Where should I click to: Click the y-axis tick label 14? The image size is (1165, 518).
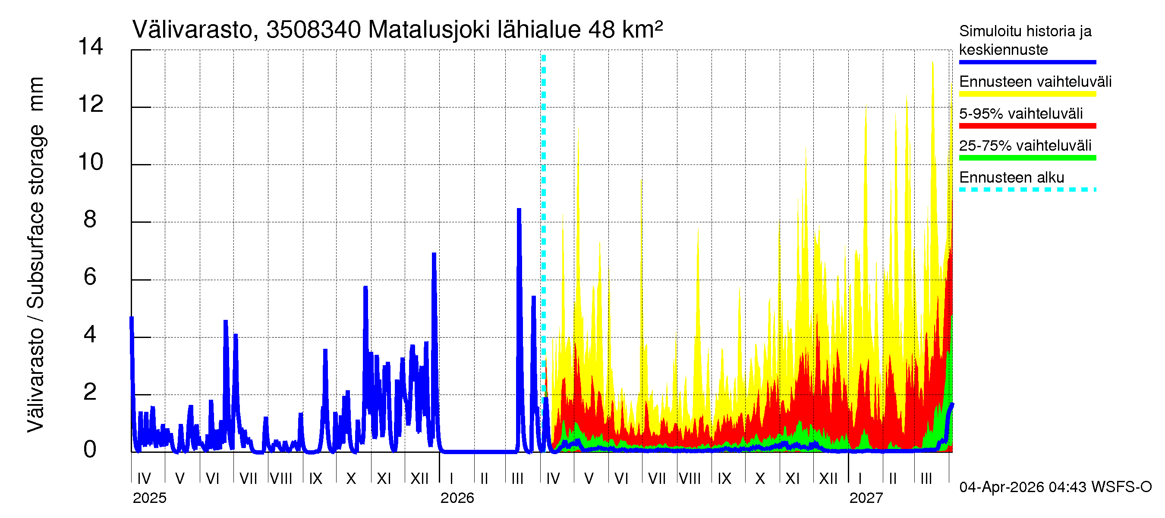(x=91, y=47)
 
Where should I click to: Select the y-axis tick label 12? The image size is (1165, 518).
(x=91, y=104)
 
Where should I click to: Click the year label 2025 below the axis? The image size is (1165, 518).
(x=149, y=498)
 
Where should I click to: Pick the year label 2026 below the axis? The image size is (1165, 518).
(x=457, y=498)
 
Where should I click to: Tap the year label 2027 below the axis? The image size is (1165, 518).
(x=866, y=498)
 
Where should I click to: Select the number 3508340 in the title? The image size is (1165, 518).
(x=313, y=30)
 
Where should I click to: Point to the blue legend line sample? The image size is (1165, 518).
(x=1027, y=62)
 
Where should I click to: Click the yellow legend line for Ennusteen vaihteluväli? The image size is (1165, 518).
(x=1027, y=94)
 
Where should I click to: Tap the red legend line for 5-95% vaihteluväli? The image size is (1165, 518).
(x=1027, y=126)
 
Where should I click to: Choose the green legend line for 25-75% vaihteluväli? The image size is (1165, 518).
(x=1027, y=158)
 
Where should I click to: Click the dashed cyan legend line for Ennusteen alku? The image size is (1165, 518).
(x=1027, y=190)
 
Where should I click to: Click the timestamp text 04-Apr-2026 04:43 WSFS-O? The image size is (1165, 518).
(x=1055, y=487)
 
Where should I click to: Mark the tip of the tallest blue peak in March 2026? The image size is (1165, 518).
(x=519, y=209)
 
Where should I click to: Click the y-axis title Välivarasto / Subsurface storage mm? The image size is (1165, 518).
(x=36, y=255)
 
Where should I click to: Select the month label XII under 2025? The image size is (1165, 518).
(x=419, y=479)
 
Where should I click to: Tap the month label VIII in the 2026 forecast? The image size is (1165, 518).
(x=690, y=479)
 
